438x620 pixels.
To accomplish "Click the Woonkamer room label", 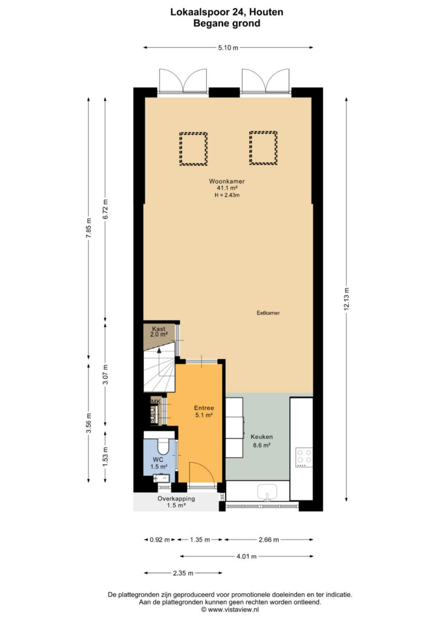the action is [x=227, y=182].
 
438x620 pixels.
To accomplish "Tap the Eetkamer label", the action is [x=268, y=313].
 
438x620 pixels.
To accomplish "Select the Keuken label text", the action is [x=261, y=437].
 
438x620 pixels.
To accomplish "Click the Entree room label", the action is [x=204, y=408].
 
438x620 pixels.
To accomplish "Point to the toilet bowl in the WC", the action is [x=163, y=446].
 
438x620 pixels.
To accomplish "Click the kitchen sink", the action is [x=267, y=492].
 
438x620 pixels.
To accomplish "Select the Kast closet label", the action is [x=159, y=329].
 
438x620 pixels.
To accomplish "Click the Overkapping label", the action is [x=176, y=499].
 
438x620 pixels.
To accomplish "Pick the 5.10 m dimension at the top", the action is [x=228, y=48].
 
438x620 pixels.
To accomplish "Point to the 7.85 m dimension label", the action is [x=88, y=228].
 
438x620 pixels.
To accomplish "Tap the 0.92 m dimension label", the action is [x=160, y=539].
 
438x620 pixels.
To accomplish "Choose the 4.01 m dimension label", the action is [x=246, y=556].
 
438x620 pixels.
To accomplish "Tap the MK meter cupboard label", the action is [x=156, y=401].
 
